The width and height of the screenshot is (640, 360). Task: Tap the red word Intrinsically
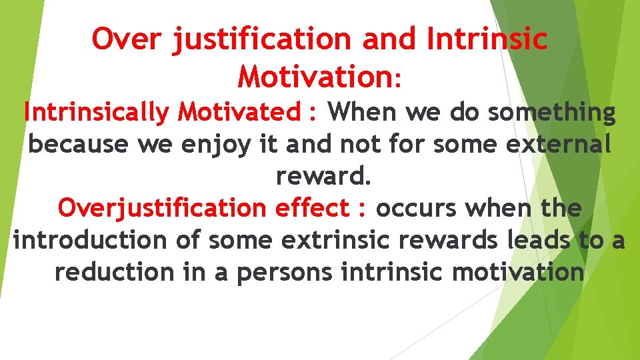[x=97, y=112]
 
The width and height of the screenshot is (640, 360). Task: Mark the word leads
[x=539, y=240]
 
